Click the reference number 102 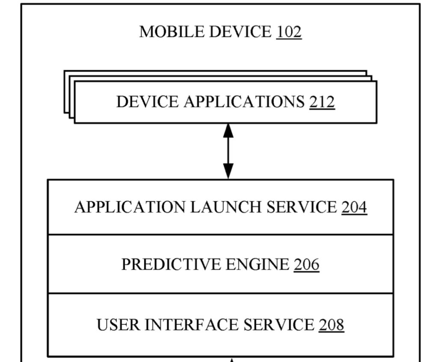coord(289,32)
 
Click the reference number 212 coord(322,102)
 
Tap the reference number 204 coord(354,207)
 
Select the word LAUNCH coord(226,207)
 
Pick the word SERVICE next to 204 coord(302,207)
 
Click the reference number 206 coord(306,265)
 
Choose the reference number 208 coord(331,325)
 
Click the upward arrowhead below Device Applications coord(228,130)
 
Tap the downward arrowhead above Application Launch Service coord(228,172)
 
